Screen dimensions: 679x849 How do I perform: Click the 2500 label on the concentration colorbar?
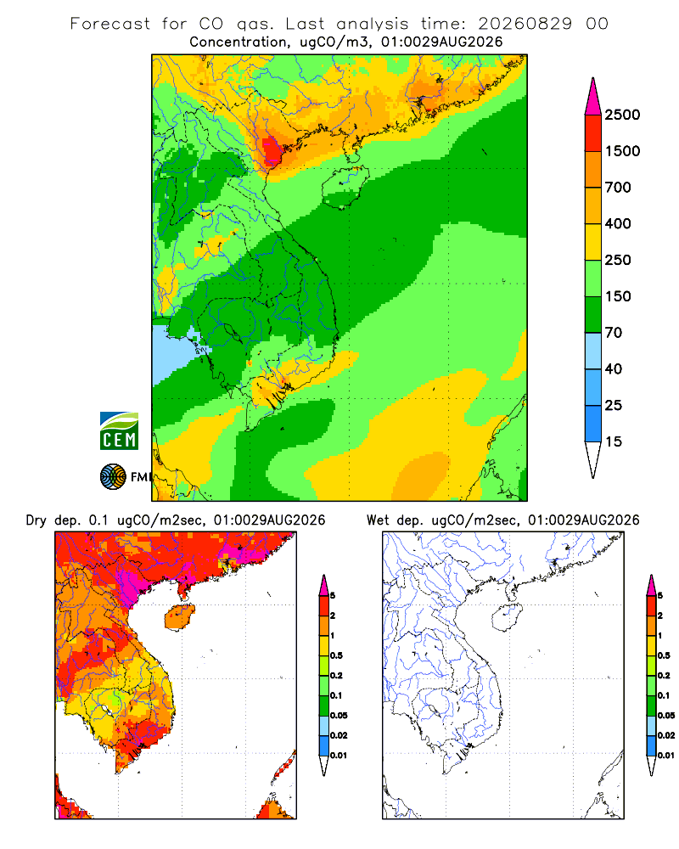(x=622, y=115)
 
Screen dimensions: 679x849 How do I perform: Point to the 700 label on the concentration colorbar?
(x=618, y=188)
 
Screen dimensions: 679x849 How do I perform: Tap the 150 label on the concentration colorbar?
(x=618, y=296)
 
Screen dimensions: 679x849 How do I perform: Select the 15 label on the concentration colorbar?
(x=614, y=441)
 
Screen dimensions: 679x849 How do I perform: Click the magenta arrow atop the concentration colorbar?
(x=593, y=98)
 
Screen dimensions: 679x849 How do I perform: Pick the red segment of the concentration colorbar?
(x=593, y=132)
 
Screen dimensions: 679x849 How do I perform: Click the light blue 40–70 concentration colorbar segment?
(x=593, y=351)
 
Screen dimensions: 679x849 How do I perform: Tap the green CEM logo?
(x=119, y=431)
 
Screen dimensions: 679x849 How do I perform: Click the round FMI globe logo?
(x=113, y=477)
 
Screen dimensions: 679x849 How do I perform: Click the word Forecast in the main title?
(x=110, y=23)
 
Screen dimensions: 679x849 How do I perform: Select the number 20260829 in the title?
(x=525, y=23)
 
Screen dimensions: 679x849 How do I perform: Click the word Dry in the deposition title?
(x=36, y=520)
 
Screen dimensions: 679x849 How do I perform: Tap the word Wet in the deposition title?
(x=378, y=520)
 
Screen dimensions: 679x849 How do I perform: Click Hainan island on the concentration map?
(x=345, y=187)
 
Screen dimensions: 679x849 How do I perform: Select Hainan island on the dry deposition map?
(x=179, y=616)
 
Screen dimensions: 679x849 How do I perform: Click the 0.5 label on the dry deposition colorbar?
(x=336, y=655)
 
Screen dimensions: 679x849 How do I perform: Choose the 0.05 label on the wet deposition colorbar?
(x=666, y=715)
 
